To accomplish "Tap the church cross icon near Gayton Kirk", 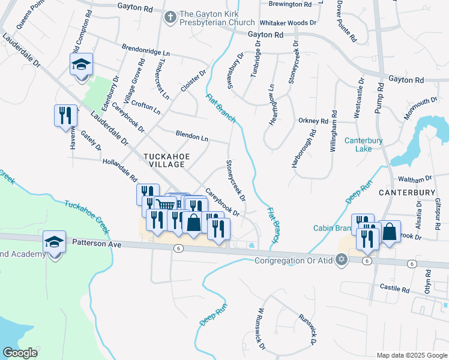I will pos(170,18).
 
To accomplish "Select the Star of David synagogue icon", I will pos(342,260).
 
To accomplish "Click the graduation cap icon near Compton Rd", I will pos(82,64).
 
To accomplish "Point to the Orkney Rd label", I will pos(313,121).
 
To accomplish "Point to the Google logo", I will pos(20,353).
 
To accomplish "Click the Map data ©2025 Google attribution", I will pos(412,355).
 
